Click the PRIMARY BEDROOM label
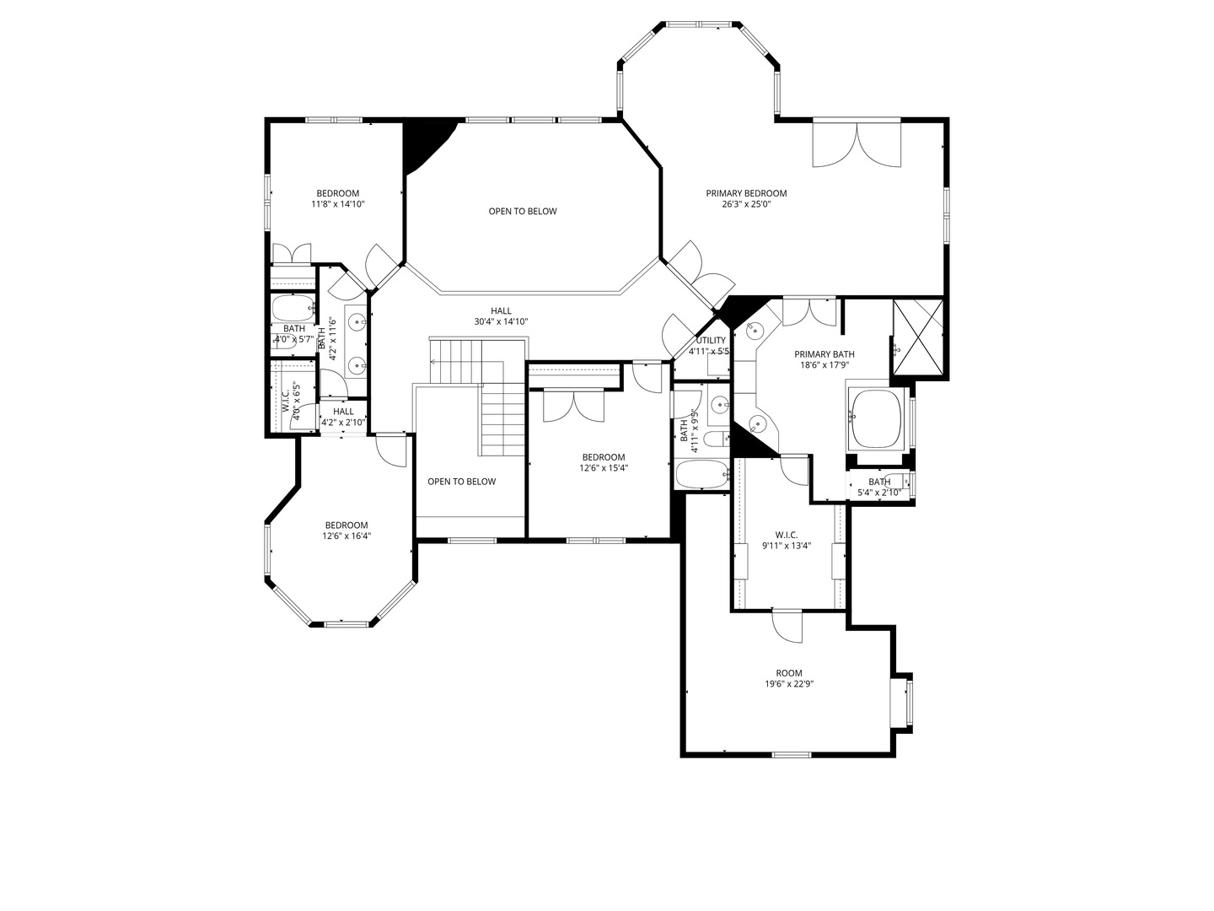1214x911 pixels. point(746,193)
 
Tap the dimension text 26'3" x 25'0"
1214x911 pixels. point(746,204)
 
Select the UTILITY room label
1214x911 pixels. point(710,340)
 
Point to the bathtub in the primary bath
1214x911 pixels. point(877,418)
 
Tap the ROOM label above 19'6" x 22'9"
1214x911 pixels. point(789,673)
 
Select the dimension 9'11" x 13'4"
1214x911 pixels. point(787,546)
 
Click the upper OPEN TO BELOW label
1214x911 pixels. point(523,211)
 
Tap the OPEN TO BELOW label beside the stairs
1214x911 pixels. point(461,482)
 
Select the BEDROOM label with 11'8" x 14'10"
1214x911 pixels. point(337,193)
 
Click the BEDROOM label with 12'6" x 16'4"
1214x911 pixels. point(346,525)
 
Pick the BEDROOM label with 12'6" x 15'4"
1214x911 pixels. point(603,457)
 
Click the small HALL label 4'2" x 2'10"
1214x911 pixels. point(343,412)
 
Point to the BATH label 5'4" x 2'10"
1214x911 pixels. point(879,482)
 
